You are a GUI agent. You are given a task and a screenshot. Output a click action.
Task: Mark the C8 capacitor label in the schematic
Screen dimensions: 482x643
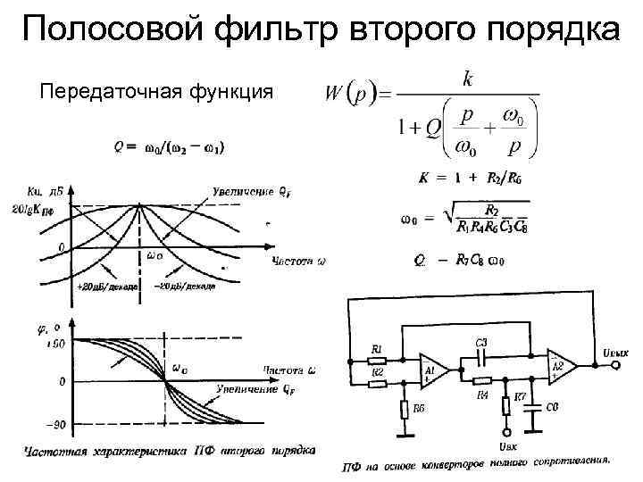(553, 408)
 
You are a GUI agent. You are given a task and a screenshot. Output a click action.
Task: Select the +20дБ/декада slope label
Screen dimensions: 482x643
(108, 287)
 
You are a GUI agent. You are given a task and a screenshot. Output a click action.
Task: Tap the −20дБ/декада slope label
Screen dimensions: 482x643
(184, 287)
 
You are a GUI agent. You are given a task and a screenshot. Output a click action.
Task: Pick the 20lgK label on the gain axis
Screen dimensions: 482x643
(41, 207)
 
